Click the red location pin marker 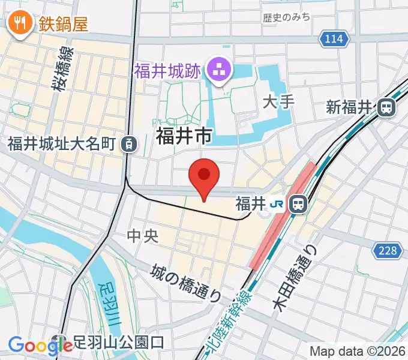[204, 176]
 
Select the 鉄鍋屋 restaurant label [64, 24]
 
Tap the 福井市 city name [184, 137]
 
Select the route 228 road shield [388, 250]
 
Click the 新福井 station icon [387, 108]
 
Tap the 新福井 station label [350, 108]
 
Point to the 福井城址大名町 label [61, 144]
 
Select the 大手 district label [279, 101]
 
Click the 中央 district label [143, 236]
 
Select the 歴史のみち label [287, 17]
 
